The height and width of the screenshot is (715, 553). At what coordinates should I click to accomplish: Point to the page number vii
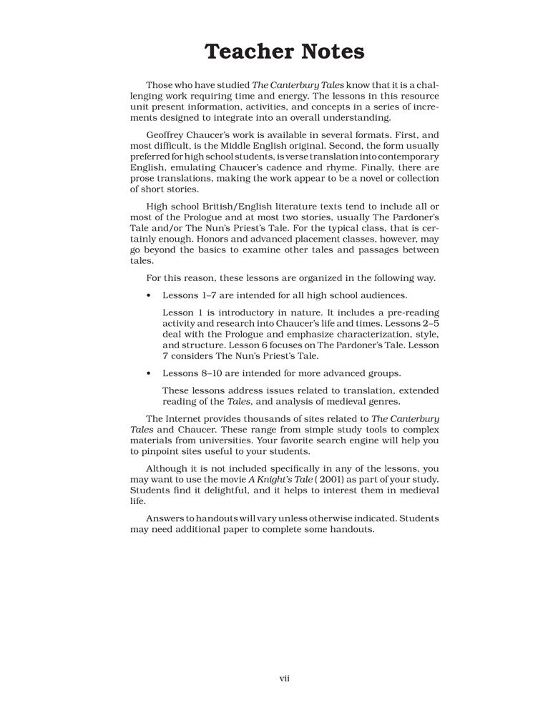coord(284,678)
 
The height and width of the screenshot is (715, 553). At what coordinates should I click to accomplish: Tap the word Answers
coord(167,518)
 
